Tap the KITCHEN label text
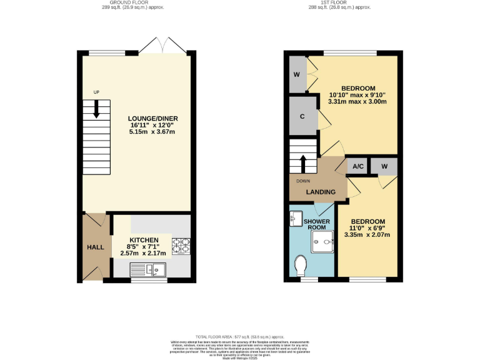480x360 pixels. point(144,240)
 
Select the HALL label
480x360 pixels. point(95,247)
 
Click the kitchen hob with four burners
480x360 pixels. point(181,246)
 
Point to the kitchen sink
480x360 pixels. point(148,269)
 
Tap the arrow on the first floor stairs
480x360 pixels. point(304,164)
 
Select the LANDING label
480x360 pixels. point(321,192)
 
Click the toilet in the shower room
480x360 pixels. point(299,265)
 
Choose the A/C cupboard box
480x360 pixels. point(358,166)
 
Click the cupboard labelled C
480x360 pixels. point(302,116)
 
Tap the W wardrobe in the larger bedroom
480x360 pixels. point(296,75)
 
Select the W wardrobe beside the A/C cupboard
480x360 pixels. point(384,166)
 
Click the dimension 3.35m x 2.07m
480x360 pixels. point(367,235)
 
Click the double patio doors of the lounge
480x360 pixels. point(162,46)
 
